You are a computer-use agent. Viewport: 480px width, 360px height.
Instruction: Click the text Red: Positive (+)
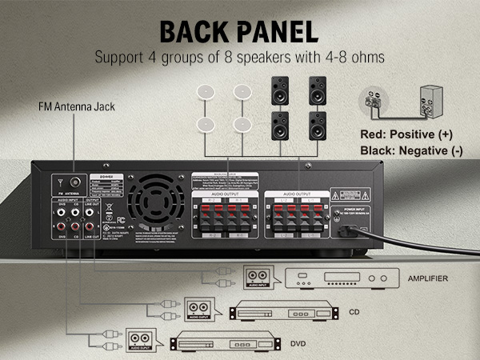[415, 134]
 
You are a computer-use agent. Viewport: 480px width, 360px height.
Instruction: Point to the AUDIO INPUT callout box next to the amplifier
[257, 278]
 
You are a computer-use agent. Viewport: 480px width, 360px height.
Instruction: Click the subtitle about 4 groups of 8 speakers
[239, 58]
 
